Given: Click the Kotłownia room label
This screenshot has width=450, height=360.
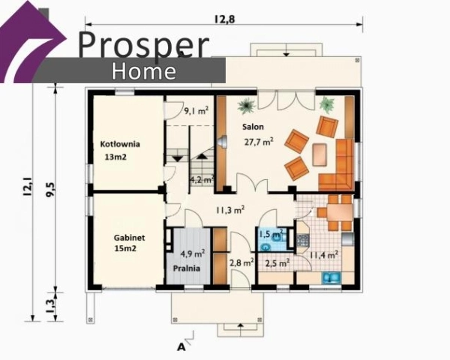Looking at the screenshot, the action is (120, 144).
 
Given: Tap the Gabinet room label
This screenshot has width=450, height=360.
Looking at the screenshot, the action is (130, 238).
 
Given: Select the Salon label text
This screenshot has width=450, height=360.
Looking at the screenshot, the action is (253, 127).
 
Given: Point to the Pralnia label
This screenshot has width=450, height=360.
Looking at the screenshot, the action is (187, 268).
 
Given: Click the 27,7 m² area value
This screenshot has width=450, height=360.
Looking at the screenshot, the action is (259, 141).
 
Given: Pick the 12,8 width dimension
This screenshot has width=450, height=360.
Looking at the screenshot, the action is (224, 19).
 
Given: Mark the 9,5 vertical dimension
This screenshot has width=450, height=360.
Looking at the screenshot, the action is (50, 189).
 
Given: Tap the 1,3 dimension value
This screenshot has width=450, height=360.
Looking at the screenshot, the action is (50, 307).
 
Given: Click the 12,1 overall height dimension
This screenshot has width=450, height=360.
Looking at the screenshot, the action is (28, 187).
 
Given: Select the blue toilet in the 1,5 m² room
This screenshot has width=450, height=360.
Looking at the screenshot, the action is (266, 246).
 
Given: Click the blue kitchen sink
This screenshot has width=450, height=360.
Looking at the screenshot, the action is (331, 278).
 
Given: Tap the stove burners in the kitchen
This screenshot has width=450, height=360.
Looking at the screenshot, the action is (303, 241).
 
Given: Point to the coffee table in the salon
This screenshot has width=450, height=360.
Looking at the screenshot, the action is (319, 154).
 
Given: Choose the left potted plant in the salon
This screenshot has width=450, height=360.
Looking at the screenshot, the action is (246, 105).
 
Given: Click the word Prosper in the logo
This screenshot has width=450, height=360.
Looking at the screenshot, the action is (143, 44).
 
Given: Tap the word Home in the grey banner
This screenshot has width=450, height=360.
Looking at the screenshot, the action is (144, 71).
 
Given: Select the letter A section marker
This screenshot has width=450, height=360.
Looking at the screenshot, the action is (181, 347).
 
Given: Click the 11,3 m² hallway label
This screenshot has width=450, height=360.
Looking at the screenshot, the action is (230, 209).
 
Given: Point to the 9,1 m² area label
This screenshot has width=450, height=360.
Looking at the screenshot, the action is (196, 110).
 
